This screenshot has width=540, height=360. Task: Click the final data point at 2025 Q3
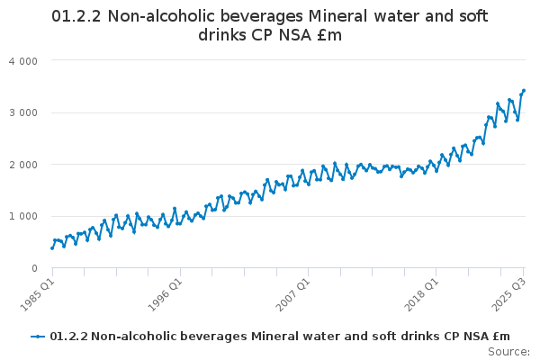524,91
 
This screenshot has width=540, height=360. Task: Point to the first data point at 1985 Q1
52,247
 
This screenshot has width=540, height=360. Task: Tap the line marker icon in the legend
38,337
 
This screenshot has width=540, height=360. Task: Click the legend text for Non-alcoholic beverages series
279,337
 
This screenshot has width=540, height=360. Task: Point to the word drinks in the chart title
222,35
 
